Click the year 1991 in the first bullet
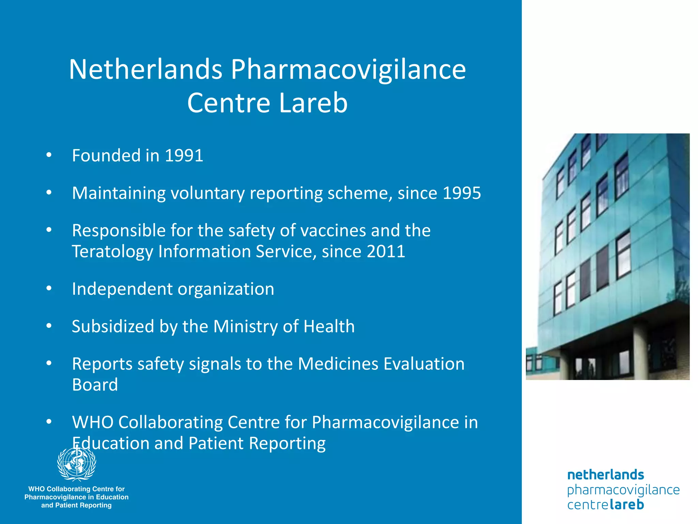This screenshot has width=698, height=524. click(x=184, y=156)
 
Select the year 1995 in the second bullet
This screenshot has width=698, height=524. click(x=461, y=193)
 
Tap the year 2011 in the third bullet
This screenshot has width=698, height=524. click(x=386, y=251)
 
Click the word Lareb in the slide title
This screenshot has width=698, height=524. click(x=313, y=103)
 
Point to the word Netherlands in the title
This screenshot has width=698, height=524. click(x=146, y=69)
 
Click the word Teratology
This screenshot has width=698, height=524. click(x=112, y=252)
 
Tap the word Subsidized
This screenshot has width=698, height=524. click(x=113, y=326)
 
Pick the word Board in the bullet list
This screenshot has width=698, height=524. click(x=95, y=385)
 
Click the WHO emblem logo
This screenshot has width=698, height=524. click(x=77, y=464)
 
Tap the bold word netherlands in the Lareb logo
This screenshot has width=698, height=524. click(x=605, y=475)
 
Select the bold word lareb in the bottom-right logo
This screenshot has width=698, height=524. click(x=626, y=504)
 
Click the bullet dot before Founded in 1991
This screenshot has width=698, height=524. click(x=49, y=155)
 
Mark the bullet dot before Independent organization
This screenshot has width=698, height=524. click(x=49, y=289)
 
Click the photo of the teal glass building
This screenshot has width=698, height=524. click(x=608, y=257)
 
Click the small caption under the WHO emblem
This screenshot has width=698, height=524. click(x=76, y=497)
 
